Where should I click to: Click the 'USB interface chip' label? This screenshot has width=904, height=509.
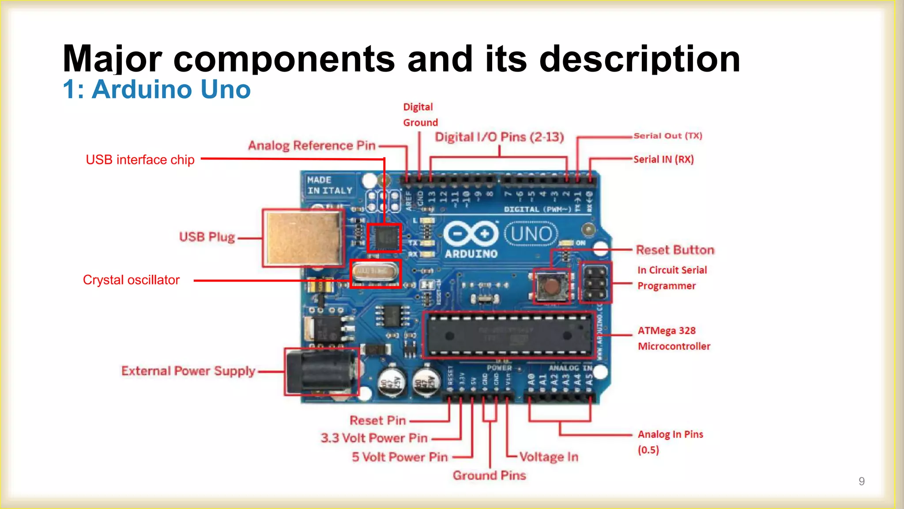[x=140, y=160]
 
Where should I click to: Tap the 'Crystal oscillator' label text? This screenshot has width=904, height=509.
[x=131, y=280]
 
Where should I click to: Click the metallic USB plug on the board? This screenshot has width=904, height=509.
[x=303, y=238]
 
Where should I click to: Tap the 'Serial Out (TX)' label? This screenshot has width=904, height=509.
[x=667, y=136]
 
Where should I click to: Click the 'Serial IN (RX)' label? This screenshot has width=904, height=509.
[x=663, y=160]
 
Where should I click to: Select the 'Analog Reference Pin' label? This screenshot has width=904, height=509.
[x=312, y=145]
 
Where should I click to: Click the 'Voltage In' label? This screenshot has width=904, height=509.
[x=549, y=457]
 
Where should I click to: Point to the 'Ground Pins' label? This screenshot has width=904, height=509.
[x=489, y=475]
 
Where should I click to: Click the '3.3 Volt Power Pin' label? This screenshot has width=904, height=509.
[x=374, y=438]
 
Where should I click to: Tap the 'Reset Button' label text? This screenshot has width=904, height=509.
[x=675, y=250]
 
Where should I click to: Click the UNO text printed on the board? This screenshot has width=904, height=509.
[x=531, y=234]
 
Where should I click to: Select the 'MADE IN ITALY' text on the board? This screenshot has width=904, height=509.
[x=329, y=185]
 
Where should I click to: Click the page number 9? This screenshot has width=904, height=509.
[x=861, y=481]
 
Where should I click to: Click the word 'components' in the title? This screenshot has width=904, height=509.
[x=284, y=59]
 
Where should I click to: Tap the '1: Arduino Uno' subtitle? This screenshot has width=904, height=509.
[x=157, y=89]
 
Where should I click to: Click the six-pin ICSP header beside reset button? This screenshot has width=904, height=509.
[x=595, y=282]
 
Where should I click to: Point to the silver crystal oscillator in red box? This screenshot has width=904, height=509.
[x=375, y=273]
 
